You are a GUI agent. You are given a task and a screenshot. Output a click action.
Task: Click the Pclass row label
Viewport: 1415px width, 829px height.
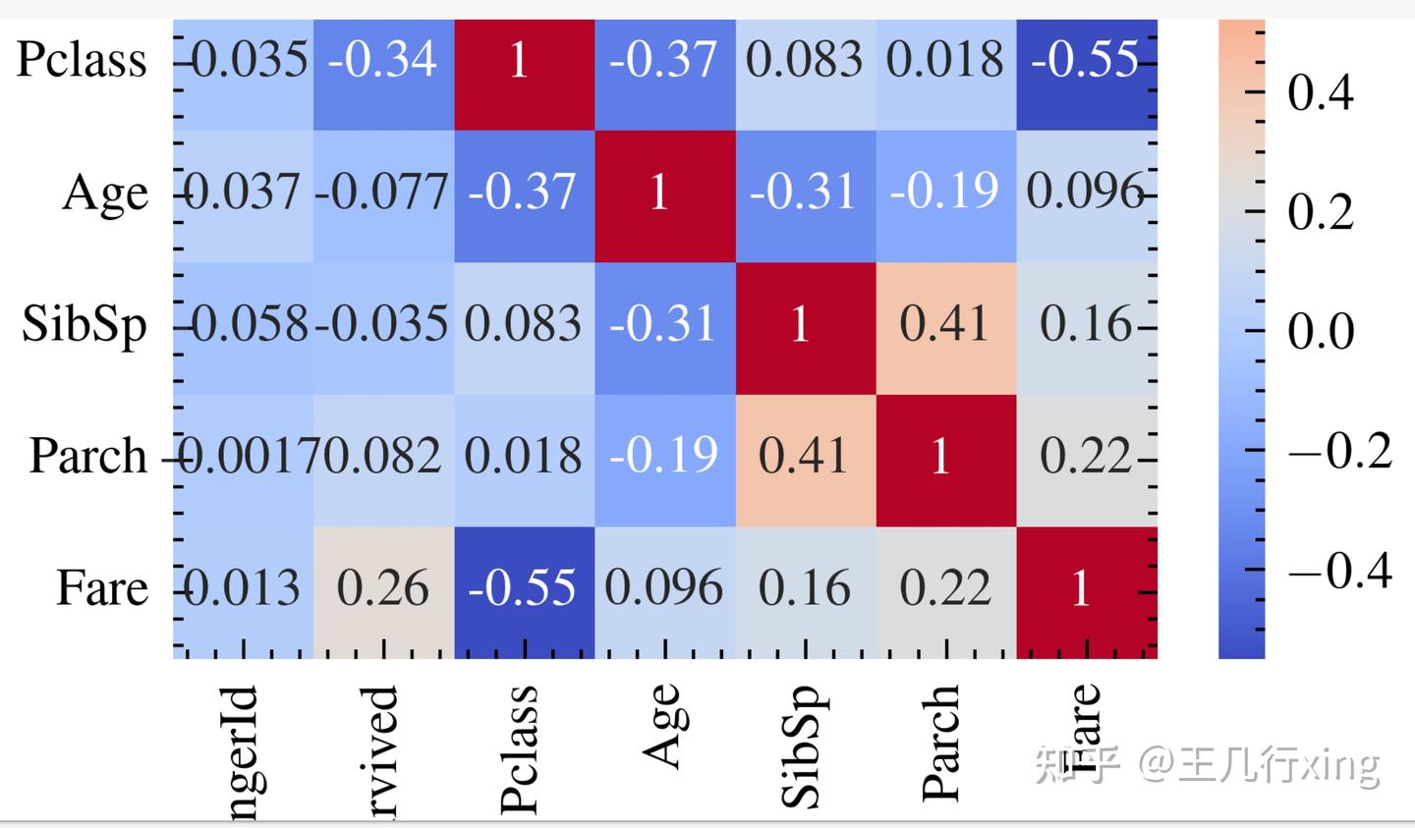click(82, 61)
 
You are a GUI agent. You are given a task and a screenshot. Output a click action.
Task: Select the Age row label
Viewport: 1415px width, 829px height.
click(105, 193)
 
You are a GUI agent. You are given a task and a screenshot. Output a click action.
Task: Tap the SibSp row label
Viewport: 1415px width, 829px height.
click(85, 325)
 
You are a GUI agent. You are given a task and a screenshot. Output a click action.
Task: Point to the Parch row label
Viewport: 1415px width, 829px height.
click(88, 456)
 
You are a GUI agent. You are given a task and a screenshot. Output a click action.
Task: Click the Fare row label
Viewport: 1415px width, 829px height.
click(102, 588)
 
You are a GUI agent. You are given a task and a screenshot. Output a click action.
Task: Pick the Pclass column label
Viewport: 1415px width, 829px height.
click(520, 749)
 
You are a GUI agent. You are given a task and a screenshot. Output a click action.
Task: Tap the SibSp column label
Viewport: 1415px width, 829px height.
click(801, 746)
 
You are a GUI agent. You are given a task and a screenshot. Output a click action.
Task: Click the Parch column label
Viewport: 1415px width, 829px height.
click(941, 744)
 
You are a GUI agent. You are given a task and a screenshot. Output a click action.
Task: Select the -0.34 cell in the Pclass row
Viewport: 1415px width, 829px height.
click(383, 61)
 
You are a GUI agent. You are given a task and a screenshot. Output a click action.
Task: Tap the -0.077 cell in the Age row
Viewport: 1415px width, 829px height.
click(383, 193)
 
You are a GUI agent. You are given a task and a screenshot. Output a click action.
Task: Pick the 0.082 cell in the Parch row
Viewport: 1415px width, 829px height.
click(383, 457)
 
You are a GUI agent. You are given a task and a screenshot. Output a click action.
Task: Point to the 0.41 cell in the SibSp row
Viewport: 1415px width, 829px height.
click(944, 325)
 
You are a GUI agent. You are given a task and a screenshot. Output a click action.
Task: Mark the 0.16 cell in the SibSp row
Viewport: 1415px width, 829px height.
click(1085, 325)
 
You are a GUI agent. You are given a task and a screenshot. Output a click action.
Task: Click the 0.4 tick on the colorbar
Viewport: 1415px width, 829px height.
click(1321, 93)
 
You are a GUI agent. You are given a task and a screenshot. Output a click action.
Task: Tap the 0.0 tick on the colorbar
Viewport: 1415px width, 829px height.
click(1321, 332)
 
